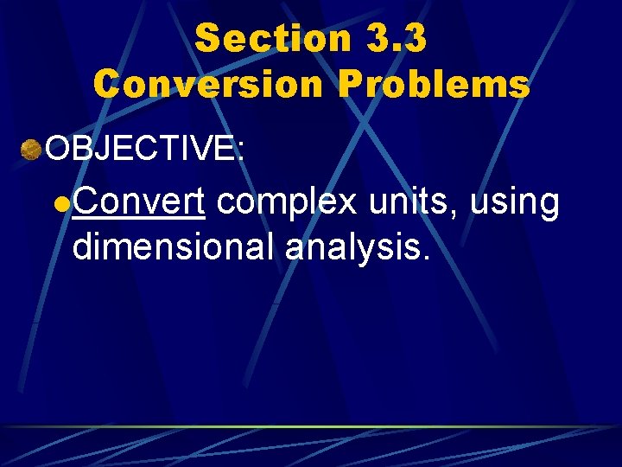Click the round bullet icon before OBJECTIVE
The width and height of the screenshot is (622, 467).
pos(31,149)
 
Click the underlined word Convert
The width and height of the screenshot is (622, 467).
pos(138,202)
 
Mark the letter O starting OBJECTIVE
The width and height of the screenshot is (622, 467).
pos(58,149)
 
